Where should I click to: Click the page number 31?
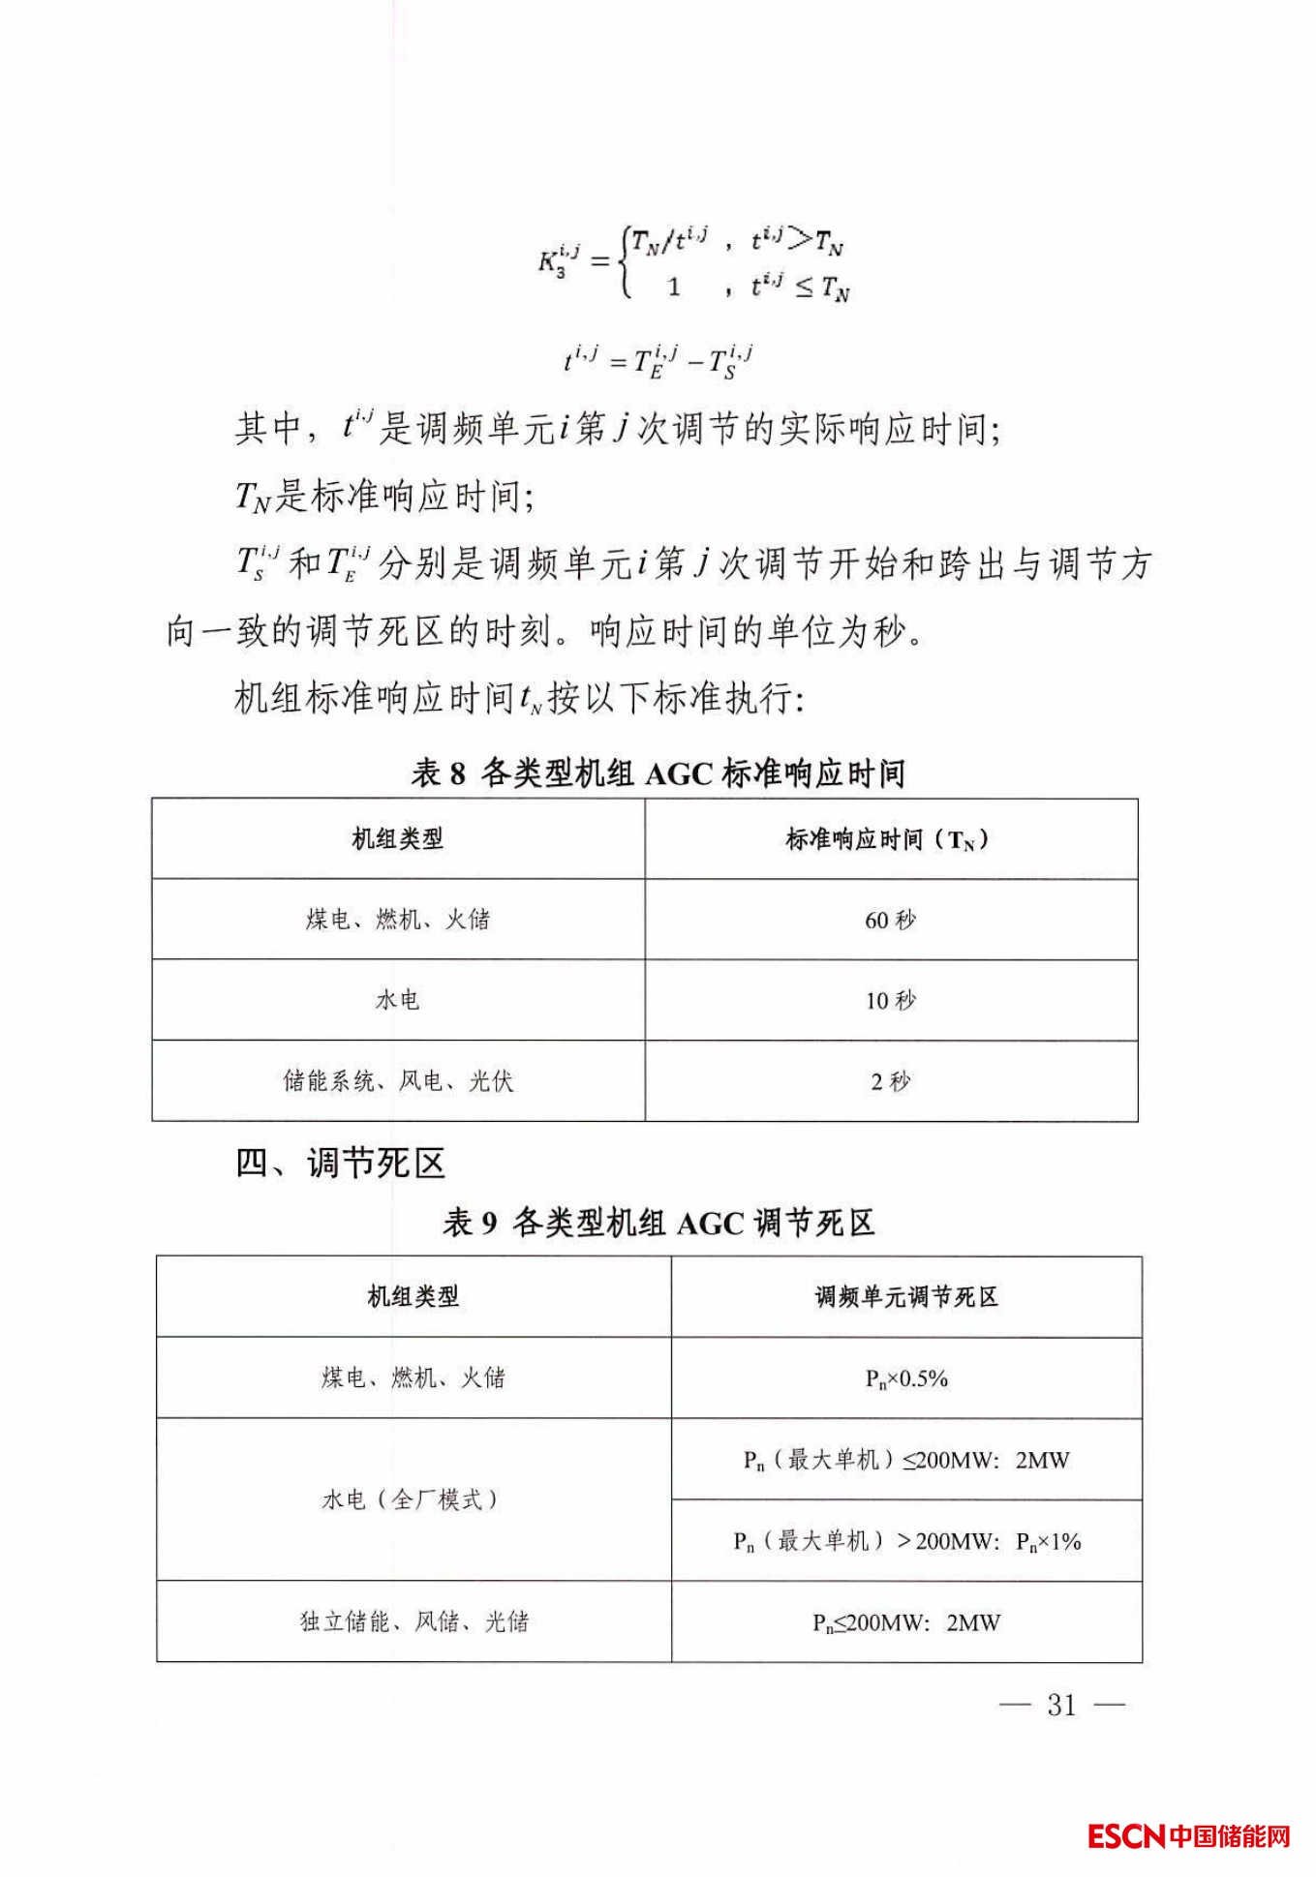click(1061, 1705)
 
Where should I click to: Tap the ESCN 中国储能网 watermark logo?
click(1189, 1834)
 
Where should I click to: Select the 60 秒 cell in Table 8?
click(890, 920)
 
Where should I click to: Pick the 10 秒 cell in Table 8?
click(890, 1000)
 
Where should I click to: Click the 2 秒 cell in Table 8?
click(890, 1081)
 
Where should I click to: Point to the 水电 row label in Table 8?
click(397, 1000)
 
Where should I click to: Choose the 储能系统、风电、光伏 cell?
click(397, 1081)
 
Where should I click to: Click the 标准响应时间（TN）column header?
click(888, 839)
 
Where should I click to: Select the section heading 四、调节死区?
click(341, 1163)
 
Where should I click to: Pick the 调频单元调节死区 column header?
click(906, 1297)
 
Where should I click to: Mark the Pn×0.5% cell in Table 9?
click(906, 1378)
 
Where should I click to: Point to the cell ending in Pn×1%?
click(906, 1541)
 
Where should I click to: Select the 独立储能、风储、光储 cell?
click(413, 1621)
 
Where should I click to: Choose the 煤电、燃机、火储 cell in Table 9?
click(413, 1378)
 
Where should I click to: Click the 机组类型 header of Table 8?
click(397, 839)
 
